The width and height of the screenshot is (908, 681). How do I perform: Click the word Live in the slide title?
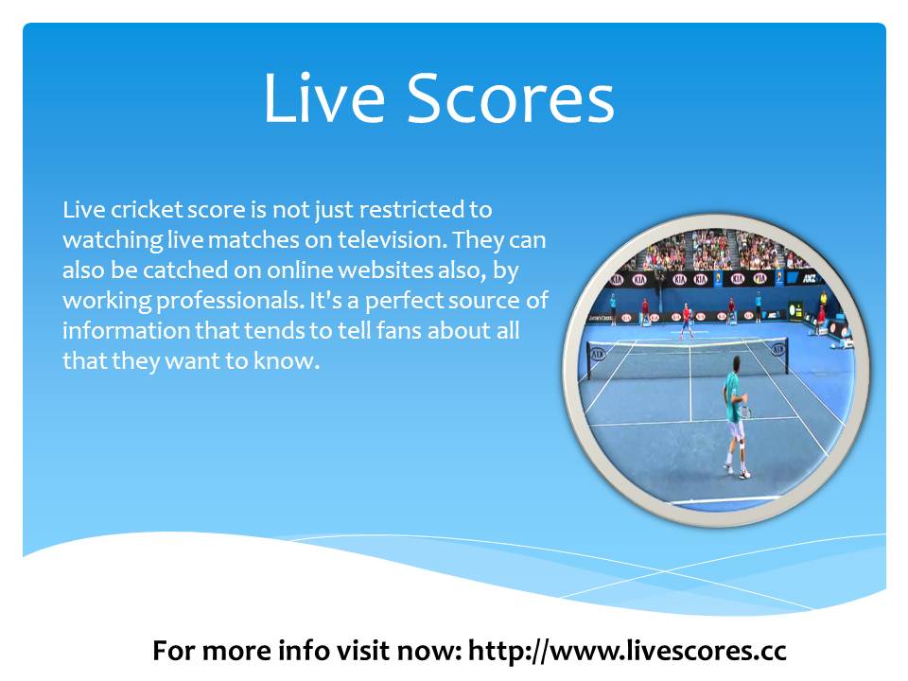tap(323, 97)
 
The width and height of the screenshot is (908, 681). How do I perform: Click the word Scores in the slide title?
tap(511, 97)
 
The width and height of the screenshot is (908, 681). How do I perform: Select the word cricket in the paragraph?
tap(148, 209)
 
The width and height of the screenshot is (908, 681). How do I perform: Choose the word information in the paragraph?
tap(126, 331)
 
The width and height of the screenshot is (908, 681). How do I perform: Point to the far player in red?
tap(687, 321)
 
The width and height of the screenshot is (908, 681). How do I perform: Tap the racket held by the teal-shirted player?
tap(746, 411)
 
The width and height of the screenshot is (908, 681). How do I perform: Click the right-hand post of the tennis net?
tap(786, 356)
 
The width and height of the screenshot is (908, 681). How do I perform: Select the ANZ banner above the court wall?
tap(811, 278)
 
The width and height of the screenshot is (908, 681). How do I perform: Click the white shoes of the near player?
tap(737, 470)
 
